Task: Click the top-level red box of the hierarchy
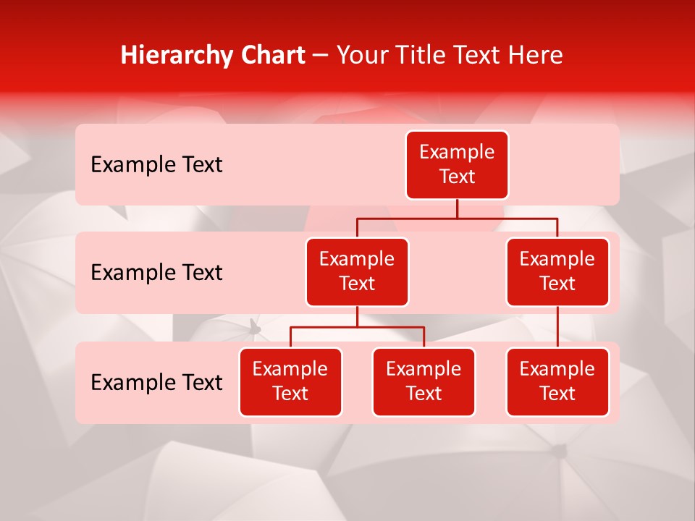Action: click(x=457, y=164)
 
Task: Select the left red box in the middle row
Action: click(x=357, y=271)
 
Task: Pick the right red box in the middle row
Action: click(x=557, y=271)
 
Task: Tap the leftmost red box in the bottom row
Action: click(x=290, y=381)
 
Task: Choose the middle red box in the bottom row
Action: click(x=424, y=381)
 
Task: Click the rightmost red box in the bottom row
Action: click(x=557, y=381)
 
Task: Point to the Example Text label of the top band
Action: click(x=156, y=165)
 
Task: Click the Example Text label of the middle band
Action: click(x=156, y=273)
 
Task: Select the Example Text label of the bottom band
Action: click(x=156, y=383)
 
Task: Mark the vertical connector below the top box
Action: click(x=457, y=208)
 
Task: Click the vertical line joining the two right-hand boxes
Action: click(x=557, y=326)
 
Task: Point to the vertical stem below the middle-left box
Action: click(x=357, y=317)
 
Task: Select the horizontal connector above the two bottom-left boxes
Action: click(x=357, y=327)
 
